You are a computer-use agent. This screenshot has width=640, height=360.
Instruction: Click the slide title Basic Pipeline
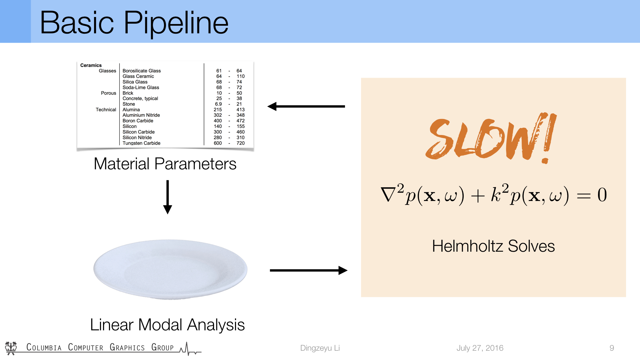(134, 23)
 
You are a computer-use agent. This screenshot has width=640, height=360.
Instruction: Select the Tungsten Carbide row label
(141, 143)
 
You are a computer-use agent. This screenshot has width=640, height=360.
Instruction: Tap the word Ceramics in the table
(91, 65)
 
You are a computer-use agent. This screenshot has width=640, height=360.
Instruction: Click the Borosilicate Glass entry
(141, 71)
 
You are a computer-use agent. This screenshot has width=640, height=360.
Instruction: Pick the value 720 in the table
(240, 143)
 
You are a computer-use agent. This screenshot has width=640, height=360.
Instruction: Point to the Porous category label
(108, 93)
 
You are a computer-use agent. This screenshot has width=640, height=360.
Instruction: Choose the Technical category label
(106, 110)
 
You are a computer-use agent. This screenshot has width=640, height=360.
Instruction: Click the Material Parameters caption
(165, 164)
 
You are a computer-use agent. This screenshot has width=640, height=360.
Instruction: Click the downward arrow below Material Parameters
(168, 197)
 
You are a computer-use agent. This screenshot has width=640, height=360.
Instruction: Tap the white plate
(170, 269)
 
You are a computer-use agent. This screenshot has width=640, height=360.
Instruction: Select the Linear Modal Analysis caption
(167, 325)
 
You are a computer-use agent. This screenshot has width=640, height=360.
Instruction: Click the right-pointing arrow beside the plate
(309, 270)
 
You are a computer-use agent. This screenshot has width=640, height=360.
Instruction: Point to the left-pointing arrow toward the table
(306, 106)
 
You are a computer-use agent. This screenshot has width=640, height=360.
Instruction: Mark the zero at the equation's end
(602, 195)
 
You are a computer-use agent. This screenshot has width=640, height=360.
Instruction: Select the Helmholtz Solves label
(493, 246)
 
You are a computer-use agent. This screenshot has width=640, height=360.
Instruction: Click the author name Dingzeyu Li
(320, 348)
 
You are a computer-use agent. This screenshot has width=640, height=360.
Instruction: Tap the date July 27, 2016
(480, 348)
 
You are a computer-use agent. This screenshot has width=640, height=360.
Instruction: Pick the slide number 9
(612, 348)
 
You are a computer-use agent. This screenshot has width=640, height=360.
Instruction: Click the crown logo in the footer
(11, 348)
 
